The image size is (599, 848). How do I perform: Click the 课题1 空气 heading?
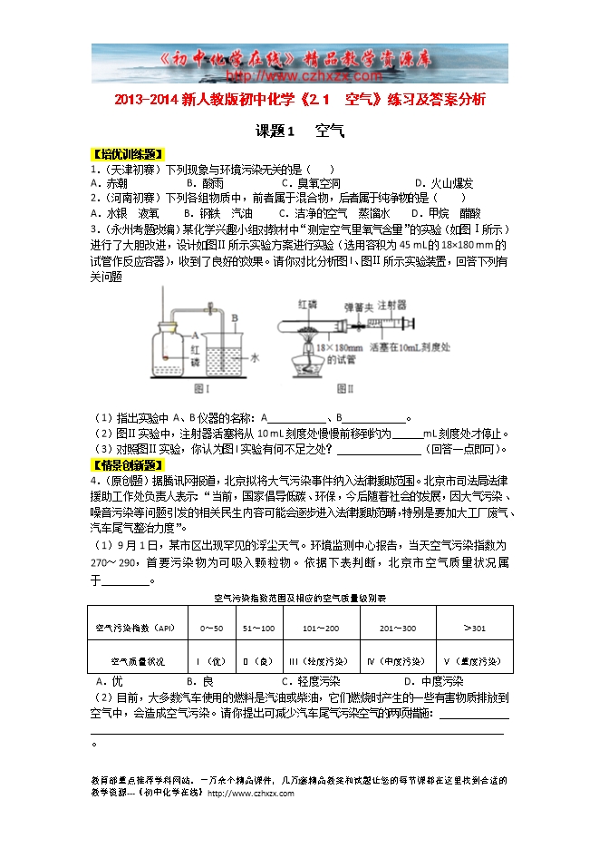[300, 132]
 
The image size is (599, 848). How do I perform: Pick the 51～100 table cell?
[258, 628]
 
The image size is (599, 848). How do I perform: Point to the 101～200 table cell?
[321, 628]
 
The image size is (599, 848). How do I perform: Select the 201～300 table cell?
[398, 628]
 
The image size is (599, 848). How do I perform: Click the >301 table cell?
[474, 628]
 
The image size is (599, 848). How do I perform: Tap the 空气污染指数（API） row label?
[134, 628]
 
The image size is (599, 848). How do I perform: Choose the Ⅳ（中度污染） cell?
[398, 661]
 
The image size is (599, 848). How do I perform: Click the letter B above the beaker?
[233, 317]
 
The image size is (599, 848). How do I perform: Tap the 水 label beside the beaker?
[255, 358]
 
